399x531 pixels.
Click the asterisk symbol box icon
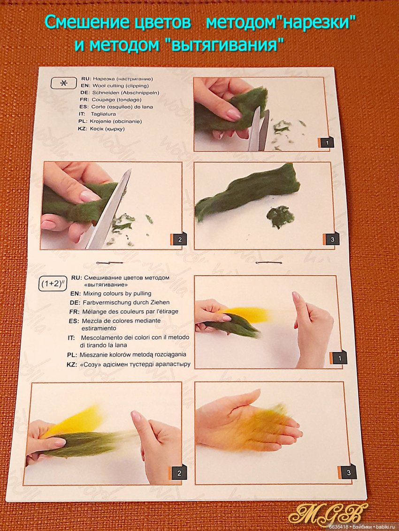(x=63, y=83)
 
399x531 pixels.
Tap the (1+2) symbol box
(x=52, y=284)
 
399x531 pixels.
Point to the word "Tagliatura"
(x=103, y=114)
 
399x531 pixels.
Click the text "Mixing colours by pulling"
(x=117, y=293)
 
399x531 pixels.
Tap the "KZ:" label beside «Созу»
(x=72, y=365)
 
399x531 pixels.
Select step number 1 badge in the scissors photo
(x=326, y=142)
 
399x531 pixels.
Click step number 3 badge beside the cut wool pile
(x=331, y=239)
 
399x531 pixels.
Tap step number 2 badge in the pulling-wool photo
(x=178, y=473)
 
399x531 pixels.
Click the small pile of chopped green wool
(x=280, y=216)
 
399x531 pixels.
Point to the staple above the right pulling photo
(x=269, y=263)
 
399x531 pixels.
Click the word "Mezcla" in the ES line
(x=92, y=321)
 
